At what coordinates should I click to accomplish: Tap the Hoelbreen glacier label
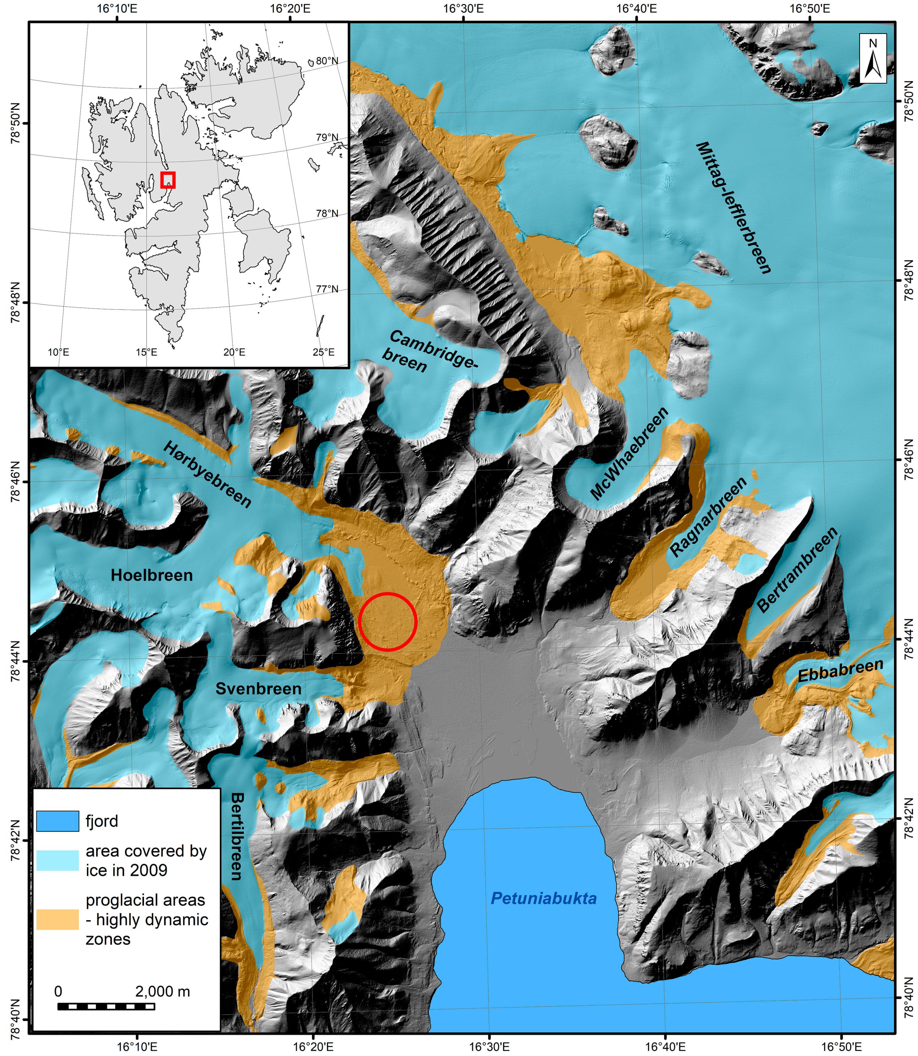[151, 576]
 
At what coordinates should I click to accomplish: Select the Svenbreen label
[258, 689]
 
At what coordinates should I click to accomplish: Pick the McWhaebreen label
[629, 453]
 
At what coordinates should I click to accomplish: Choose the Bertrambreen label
[797, 570]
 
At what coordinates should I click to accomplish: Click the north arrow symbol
[873, 59]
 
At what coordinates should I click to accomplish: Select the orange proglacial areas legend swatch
[57, 919]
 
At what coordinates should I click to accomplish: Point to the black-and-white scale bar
[106, 1006]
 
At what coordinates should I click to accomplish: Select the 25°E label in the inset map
[323, 352]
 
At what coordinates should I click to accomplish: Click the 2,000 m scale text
[162, 991]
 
